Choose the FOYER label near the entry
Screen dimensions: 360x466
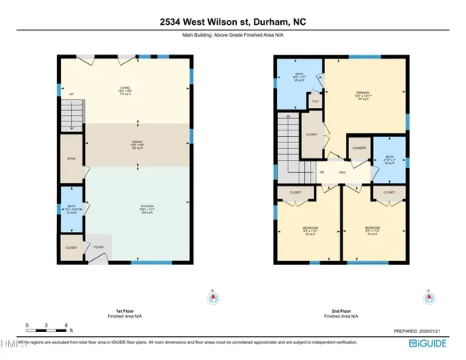(x=98, y=246)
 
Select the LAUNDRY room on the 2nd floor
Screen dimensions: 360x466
(x=359, y=147)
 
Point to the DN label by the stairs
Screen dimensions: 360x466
(x=322, y=172)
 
